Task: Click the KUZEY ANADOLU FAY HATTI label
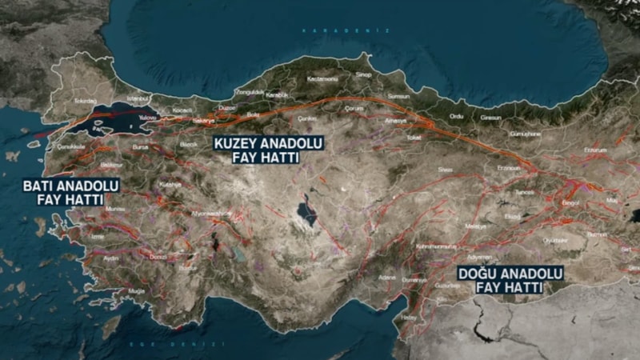point(255,150)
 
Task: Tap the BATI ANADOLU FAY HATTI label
point(70,192)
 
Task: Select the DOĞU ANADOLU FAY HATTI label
point(510,280)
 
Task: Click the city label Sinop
point(363,74)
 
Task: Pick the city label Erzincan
point(510,167)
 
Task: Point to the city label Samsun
point(398,96)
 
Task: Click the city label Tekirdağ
point(85,101)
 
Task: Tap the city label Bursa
point(140,148)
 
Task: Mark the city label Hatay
point(409,317)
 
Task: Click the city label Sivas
point(445,170)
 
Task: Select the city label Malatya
point(476,226)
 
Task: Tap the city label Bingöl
point(570,203)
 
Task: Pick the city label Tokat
point(413,138)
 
